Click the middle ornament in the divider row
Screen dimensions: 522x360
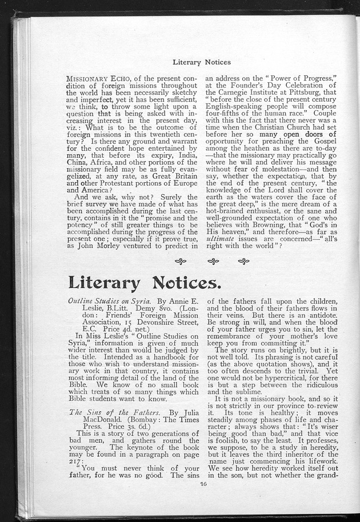(x=213, y=262)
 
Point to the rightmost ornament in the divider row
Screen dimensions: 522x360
(x=243, y=262)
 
